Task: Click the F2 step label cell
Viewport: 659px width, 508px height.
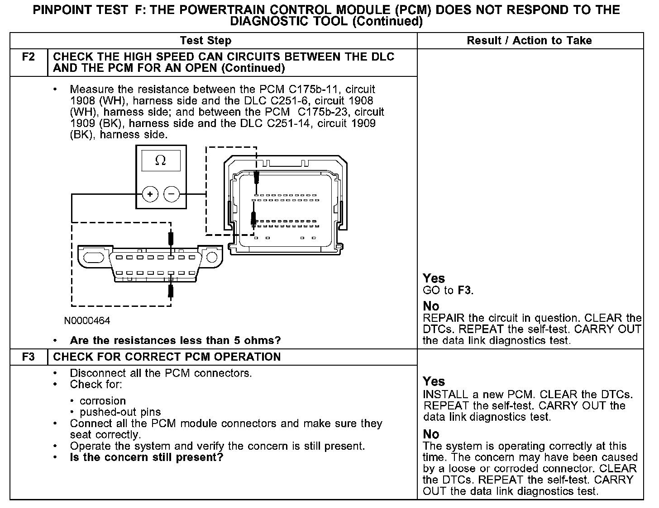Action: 28,57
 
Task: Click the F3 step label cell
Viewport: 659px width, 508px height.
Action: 28,357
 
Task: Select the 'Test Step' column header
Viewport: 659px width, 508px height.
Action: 205,41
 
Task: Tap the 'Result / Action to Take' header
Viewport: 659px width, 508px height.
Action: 529,41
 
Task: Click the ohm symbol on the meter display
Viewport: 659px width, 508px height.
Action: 160,160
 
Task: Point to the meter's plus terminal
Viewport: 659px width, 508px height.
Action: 150,195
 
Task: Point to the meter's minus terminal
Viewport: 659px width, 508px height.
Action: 171,195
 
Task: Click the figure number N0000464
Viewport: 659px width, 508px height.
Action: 87,321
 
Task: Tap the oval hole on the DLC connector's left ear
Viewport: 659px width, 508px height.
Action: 94,258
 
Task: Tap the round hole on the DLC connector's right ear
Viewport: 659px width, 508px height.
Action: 212,258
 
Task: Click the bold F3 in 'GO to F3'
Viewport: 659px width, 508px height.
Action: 464,291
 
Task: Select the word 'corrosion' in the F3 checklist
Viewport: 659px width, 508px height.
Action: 103,401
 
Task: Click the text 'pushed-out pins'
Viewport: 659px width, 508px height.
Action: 120,412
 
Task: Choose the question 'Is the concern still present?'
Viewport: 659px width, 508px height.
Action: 147,457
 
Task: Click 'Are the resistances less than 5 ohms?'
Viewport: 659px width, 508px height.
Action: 175,340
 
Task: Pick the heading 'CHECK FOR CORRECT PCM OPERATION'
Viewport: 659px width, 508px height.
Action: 167,357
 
